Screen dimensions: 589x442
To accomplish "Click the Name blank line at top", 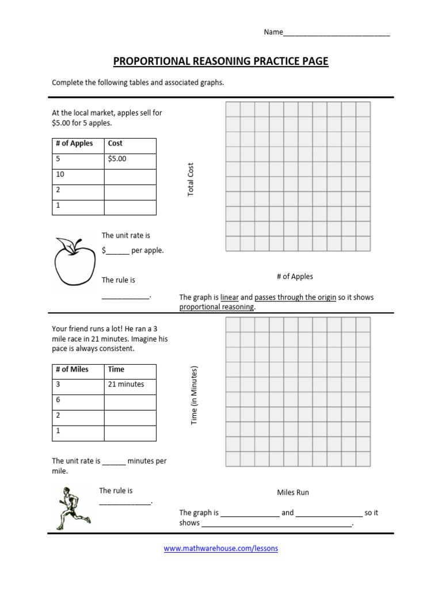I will tap(337, 33).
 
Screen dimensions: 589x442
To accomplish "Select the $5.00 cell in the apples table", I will tap(129, 159).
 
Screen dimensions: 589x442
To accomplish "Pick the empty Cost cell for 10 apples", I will tap(129, 175).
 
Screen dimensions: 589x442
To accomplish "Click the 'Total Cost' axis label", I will tap(191, 179).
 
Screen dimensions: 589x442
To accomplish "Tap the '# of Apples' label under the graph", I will tap(295, 277).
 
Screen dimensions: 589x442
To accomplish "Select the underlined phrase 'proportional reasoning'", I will tap(216, 307).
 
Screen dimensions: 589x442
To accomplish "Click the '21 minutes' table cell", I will tap(129, 385).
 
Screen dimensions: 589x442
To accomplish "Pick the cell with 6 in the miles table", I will tap(78, 400).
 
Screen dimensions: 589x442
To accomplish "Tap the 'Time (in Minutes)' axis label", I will tap(195, 396).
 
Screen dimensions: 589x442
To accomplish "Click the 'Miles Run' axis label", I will tap(293, 492).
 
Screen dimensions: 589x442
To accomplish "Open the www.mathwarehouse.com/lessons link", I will tap(221, 549).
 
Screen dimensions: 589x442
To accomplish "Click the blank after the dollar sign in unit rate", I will tap(118, 251).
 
